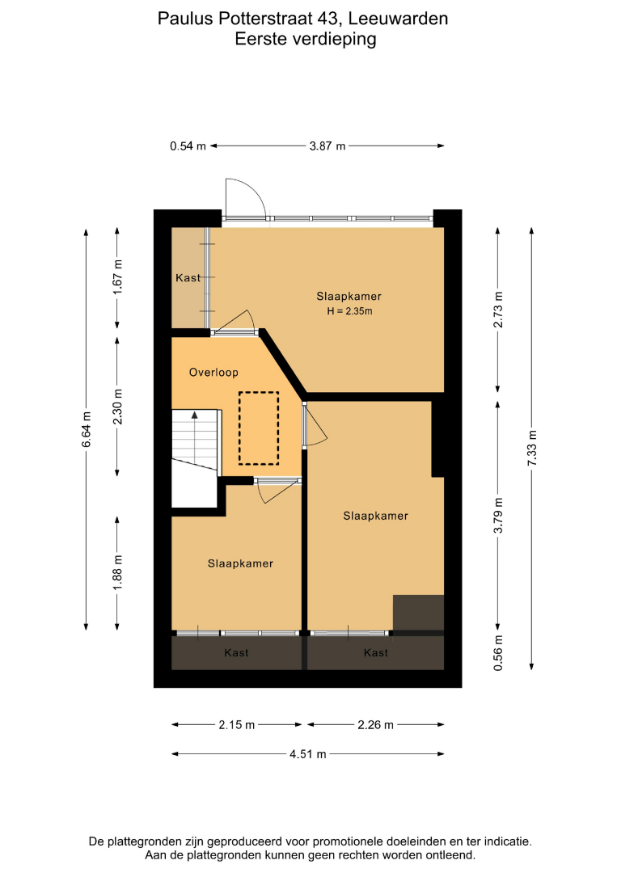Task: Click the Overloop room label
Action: click(213, 373)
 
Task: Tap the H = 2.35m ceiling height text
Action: click(349, 311)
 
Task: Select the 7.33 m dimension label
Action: click(532, 448)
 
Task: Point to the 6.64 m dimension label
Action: click(87, 429)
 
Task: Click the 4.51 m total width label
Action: click(308, 754)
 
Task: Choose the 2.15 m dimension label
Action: click(237, 724)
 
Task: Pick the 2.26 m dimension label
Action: click(376, 724)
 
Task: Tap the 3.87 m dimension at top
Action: click(328, 145)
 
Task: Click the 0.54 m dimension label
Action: click(188, 145)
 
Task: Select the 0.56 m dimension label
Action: click(498, 652)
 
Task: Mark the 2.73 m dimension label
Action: click(498, 310)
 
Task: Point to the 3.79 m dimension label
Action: click(498, 515)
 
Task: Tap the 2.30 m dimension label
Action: click(117, 407)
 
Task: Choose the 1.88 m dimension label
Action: click(117, 573)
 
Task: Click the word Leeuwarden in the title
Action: click(398, 19)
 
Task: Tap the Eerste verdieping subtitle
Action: click(306, 39)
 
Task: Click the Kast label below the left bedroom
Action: click(237, 652)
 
